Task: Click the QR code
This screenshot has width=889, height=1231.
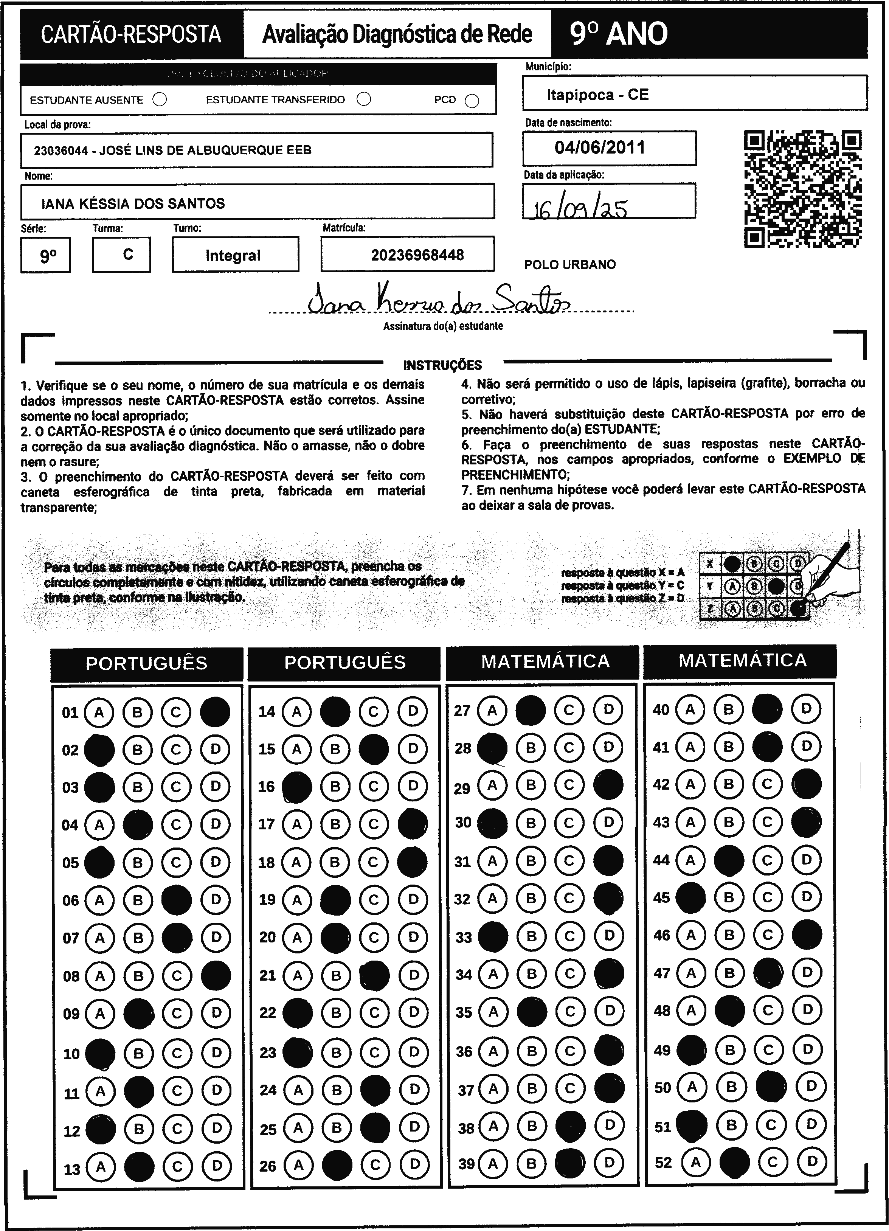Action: (x=802, y=189)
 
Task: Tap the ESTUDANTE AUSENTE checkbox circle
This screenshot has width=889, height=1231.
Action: (x=160, y=100)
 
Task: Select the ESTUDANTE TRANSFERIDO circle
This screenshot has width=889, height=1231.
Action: (x=364, y=99)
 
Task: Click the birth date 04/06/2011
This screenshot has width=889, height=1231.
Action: (x=600, y=147)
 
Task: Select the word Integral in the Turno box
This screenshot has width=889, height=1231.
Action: (x=233, y=256)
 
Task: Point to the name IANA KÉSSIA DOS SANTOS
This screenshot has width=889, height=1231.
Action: (x=133, y=203)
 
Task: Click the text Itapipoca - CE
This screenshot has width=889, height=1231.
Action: (x=597, y=95)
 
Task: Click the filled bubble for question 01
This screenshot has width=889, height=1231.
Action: (x=215, y=712)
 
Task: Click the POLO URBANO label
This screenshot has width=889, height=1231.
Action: (x=570, y=265)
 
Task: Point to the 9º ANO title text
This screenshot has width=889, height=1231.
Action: (x=619, y=34)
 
